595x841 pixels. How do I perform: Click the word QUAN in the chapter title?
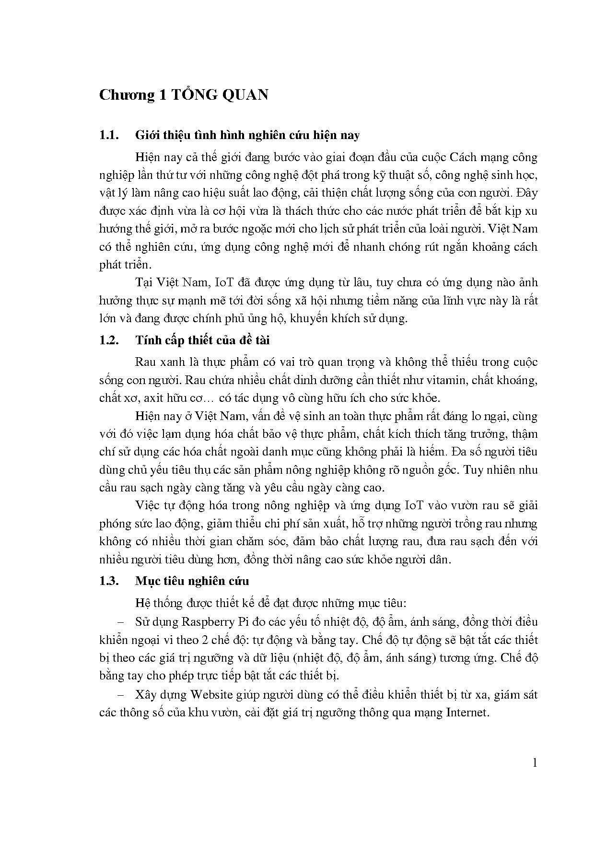(244, 95)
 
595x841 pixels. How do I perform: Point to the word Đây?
(527, 193)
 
